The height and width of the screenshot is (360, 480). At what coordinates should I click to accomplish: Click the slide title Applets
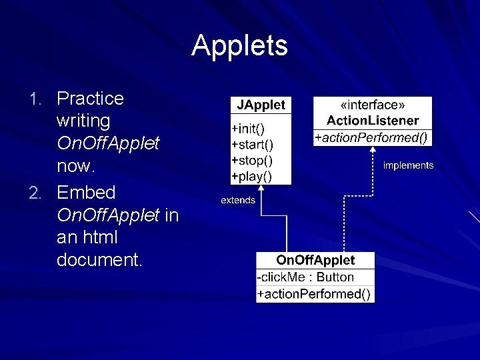click(x=239, y=45)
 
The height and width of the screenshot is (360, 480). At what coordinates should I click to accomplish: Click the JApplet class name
click(x=260, y=105)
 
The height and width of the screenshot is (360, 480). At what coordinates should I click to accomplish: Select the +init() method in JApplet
click(x=247, y=127)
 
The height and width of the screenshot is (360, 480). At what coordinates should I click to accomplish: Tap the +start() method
click(x=251, y=143)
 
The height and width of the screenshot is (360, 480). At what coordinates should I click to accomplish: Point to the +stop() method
click(x=251, y=160)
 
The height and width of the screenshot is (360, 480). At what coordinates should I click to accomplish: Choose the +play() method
click(x=251, y=176)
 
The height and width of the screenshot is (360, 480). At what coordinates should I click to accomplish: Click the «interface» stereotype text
click(x=373, y=105)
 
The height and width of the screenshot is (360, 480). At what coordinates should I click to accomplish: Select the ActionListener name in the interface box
click(x=373, y=121)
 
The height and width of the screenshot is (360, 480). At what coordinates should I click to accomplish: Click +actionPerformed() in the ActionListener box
click(x=373, y=137)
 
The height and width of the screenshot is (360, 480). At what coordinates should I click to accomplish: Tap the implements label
click(x=408, y=165)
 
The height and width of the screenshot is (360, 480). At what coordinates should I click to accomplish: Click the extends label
click(x=238, y=200)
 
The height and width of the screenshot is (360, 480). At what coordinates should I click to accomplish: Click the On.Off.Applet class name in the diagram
click(x=315, y=261)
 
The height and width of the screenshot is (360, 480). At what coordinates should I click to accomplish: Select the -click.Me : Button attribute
click(x=306, y=277)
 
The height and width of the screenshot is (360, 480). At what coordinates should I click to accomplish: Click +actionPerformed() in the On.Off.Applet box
click(x=315, y=294)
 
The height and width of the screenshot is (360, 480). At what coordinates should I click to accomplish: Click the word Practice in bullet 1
click(x=90, y=99)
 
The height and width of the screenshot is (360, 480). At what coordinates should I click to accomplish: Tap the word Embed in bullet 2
click(x=86, y=193)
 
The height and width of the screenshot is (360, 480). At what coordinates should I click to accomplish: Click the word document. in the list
click(x=99, y=261)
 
